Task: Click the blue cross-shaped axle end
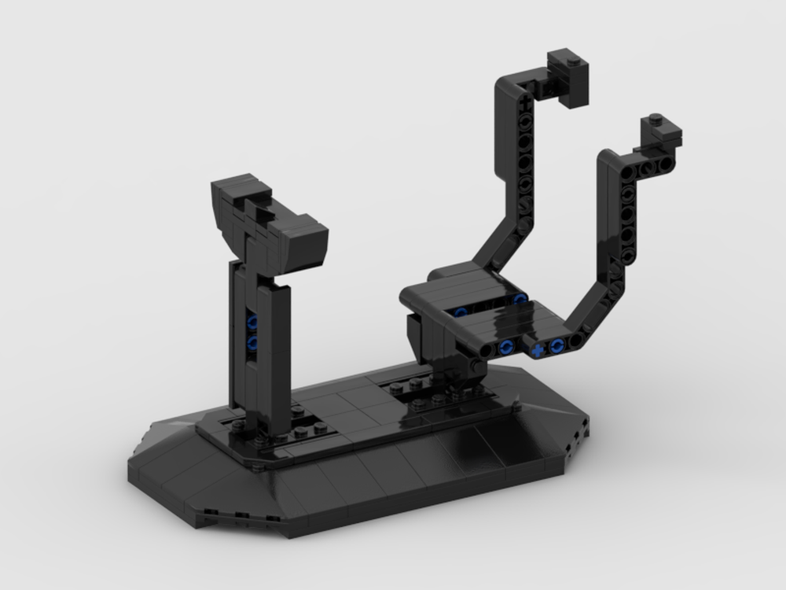(x=537, y=349)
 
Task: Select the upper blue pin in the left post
(x=252, y=322)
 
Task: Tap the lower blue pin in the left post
(x=252, y=343)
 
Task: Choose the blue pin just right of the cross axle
(x=557, y=345)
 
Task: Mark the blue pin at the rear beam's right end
(x=518, y=299)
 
